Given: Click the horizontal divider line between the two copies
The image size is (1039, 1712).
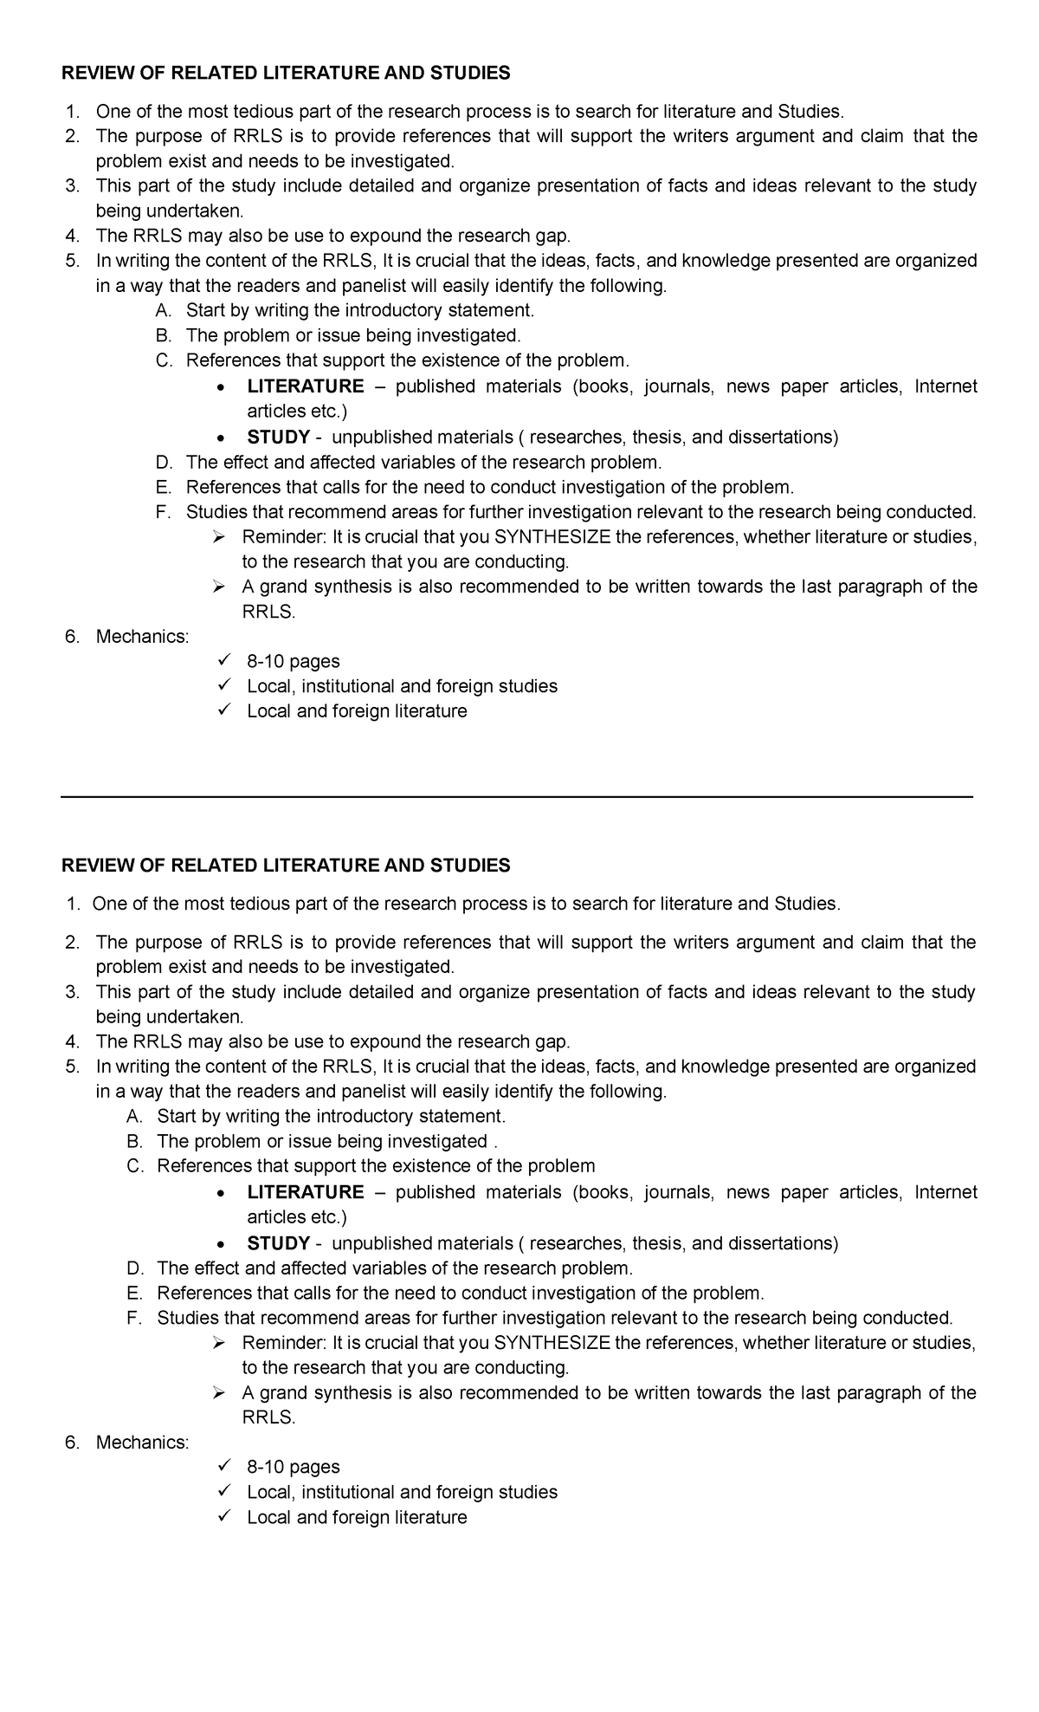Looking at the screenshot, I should click(x=518, y=796).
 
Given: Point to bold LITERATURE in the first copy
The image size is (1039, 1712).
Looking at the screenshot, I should click(x=306, y=386).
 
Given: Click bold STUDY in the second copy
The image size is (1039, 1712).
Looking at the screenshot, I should click(x=278, y=1243).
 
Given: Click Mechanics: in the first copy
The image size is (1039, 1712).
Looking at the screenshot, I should click(x=142, y=637).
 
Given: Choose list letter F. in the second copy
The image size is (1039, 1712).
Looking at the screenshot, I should click(x=134, y=1318).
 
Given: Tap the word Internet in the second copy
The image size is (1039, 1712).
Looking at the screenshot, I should click(x=945, y=1192).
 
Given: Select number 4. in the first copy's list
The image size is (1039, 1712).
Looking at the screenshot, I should click(x=73, y=236).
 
